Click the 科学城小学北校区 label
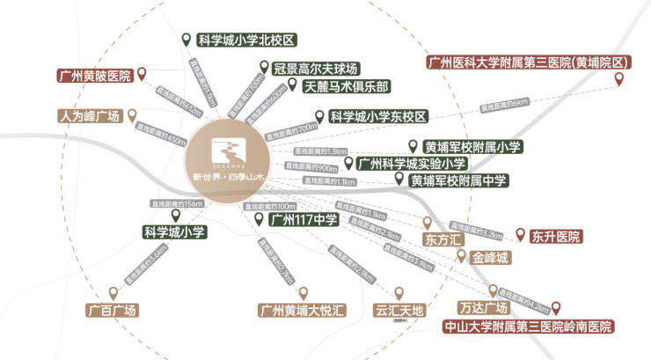[x=246, y=40]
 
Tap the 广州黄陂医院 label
[x=93, y=76]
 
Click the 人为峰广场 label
[x=88, y=115]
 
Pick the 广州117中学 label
[x=303, y=220]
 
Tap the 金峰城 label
[x=490, y=258]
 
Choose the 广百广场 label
[x=112, y=311]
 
